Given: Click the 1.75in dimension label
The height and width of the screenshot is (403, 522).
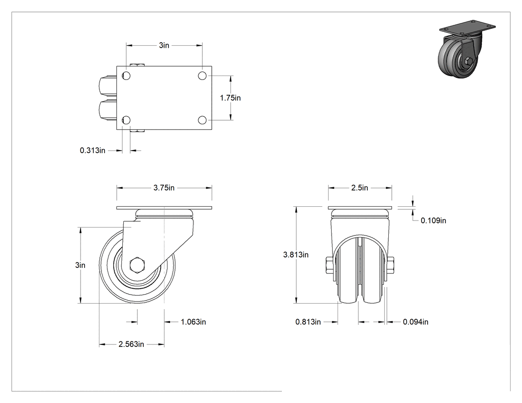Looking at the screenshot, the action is (x=230, y=98).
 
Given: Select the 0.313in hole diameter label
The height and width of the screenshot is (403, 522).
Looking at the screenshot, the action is (x=92, y=151).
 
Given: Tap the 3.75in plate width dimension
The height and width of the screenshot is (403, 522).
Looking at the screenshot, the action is (x=164, y=188).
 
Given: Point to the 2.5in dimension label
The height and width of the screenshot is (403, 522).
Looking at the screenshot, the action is (x=359, y=188).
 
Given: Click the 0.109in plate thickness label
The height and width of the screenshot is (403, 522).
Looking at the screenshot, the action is (x=434, y=221).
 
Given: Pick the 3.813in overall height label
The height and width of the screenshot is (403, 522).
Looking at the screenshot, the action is (x=296, y=255).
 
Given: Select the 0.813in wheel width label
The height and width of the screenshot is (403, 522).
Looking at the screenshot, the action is (x=308, y=322).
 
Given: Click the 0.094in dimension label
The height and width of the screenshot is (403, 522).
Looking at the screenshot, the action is (x=416, y=322).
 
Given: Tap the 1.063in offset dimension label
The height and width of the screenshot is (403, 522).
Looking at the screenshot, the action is (x=193, y=322).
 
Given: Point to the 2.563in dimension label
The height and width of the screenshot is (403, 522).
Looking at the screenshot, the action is (x=131, y=344).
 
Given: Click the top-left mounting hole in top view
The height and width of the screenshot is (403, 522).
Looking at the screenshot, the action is (x=126, y=76).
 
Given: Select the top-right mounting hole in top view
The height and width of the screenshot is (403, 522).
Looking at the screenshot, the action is (x=202, y=76).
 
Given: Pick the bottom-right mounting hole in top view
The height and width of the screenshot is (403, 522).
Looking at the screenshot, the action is (x=202, y=120).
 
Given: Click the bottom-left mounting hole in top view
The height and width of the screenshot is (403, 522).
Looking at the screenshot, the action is (x=126, y=120).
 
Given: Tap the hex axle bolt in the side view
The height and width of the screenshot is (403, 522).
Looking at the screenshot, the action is (x=137, y=265).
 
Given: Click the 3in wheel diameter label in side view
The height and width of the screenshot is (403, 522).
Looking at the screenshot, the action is (x=80, y=265).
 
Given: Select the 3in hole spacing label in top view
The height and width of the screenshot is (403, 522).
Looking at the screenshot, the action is (x=164, y=45).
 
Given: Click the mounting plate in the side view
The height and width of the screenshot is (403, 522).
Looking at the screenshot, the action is (x=164, y=208).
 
